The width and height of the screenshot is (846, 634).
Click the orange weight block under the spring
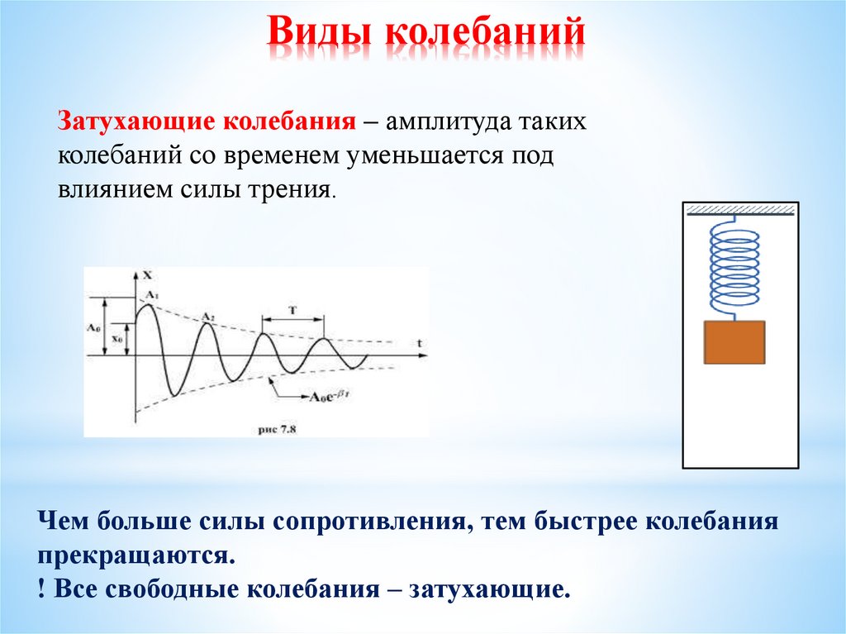point(734,342)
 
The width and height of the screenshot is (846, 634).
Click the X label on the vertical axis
point(146,275)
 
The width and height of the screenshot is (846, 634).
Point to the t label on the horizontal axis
point(420,341)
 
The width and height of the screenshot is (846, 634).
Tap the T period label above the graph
point(293,310)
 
